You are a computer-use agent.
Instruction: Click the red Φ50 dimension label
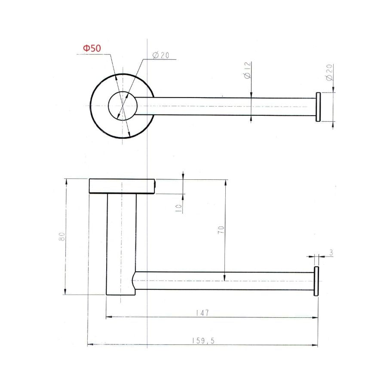[92, 49]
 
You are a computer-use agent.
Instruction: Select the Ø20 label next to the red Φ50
[161, 55]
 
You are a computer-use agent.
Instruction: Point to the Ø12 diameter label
[247, 71]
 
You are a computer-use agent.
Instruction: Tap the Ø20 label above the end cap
[329, 73]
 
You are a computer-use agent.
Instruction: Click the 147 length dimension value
[204, 313]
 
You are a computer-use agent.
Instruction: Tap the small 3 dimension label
[331, 253]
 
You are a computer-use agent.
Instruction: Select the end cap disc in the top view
[318, 107]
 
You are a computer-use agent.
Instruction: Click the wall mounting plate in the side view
[122, 186]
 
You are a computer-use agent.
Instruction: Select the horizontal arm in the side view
[224, 281]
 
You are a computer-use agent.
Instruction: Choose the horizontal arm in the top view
[224, 106]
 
